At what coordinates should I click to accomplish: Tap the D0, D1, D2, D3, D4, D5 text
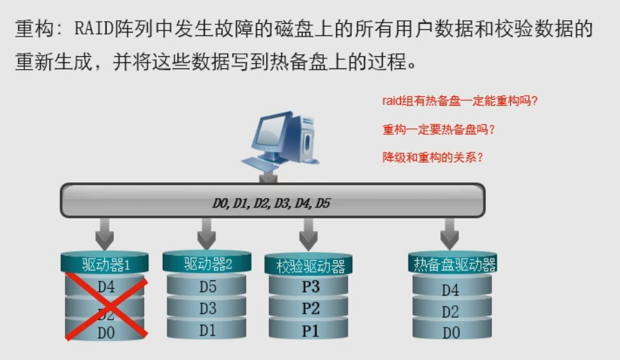coord(272,203)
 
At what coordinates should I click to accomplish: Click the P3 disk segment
coord(310,287)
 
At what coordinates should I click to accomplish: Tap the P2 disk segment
coord(310,309)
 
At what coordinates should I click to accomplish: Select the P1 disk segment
coord(310,331)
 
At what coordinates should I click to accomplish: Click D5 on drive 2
coord(207,287)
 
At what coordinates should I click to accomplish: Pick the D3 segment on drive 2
coord(207,309)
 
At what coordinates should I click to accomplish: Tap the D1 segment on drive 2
coord(207,331)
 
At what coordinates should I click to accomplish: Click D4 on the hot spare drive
coord(451,291)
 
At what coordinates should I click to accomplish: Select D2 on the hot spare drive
coord(451,313)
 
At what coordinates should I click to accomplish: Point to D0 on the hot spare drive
coord(451,333)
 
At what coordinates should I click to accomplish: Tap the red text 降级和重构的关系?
coord(432,157)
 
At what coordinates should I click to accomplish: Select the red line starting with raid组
coord(460,102)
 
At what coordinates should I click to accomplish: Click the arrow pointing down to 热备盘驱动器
coord(450,235)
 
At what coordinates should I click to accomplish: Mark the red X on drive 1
coord(106,308)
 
